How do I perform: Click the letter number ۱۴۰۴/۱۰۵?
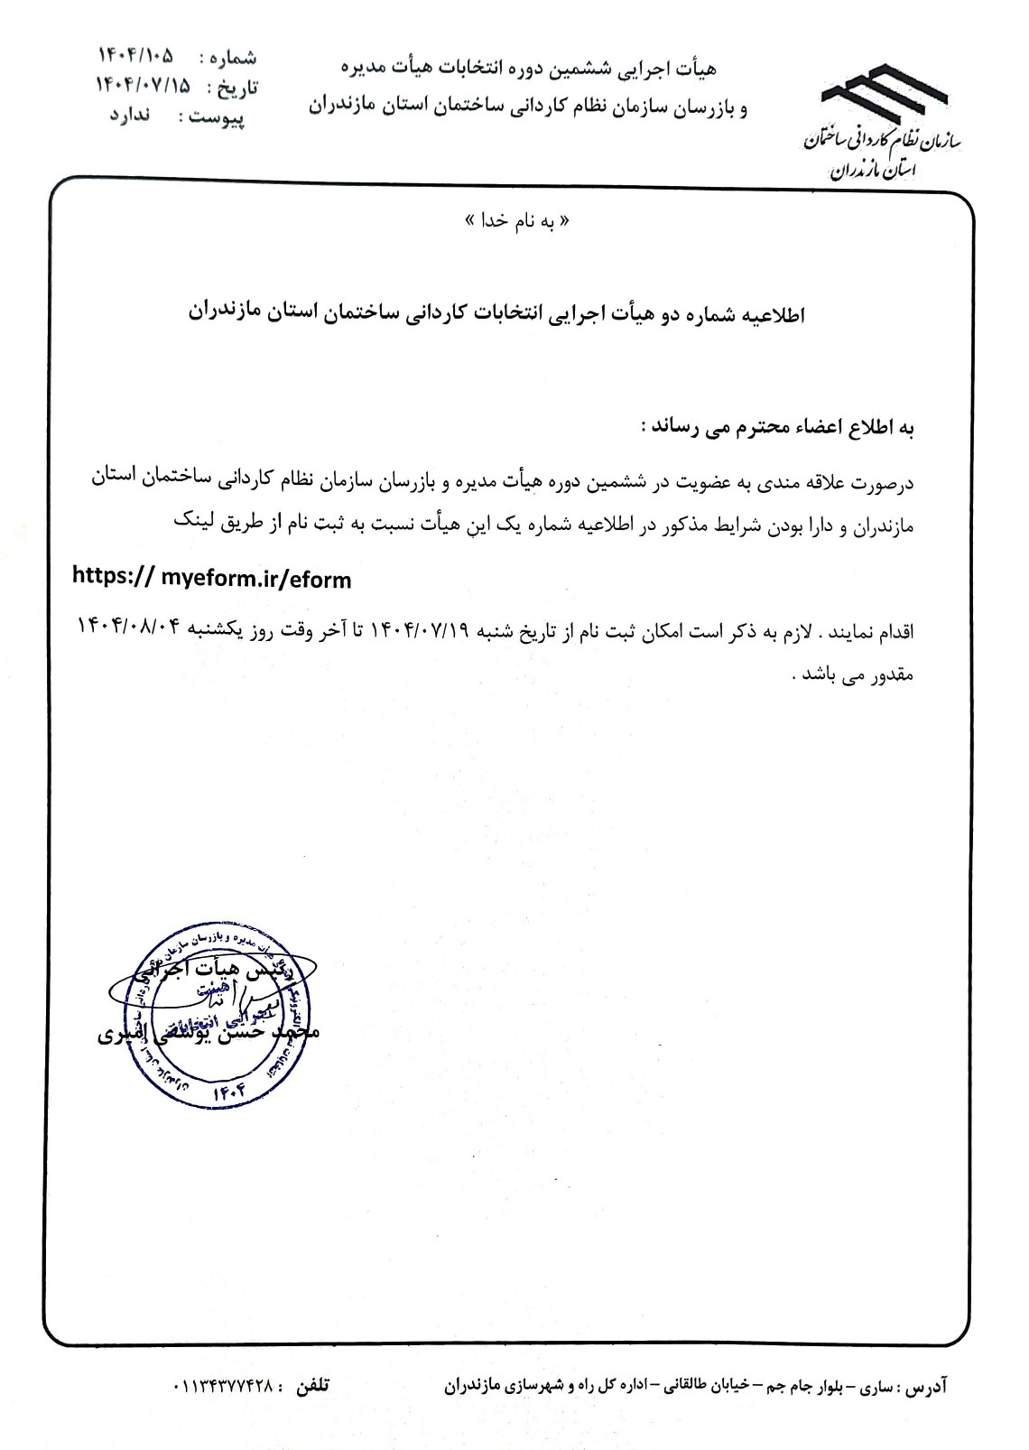[x=135, y=56]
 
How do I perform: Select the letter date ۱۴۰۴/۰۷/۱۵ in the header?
[x=144, y=86]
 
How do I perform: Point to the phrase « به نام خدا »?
[x=514, y=221]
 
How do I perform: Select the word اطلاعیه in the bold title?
[x=773, y=314]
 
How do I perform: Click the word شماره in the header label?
[x=234, y=58]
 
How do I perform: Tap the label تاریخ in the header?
[x=239, y=88]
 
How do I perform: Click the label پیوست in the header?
[x=226, y=117]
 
